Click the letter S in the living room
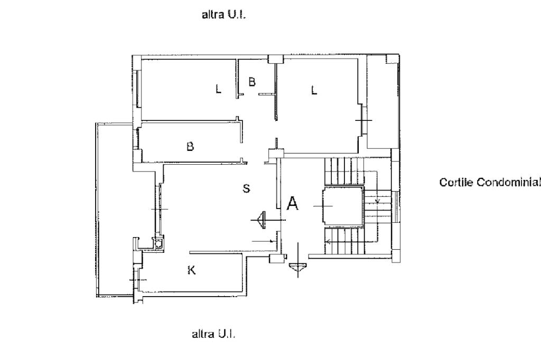point(246,188)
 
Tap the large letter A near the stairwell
point(292,204)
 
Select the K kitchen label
point(192,271)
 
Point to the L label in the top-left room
point(218,89)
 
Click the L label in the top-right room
point(314,90)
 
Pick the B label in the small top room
point(252,82)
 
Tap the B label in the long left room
point(190,147)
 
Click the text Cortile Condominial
point(490,183)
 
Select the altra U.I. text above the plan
point(224,15)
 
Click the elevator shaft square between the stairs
point(342,206)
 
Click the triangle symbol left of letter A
point(260,219)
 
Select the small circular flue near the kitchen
point(157,243)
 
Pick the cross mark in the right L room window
point(363,120)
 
